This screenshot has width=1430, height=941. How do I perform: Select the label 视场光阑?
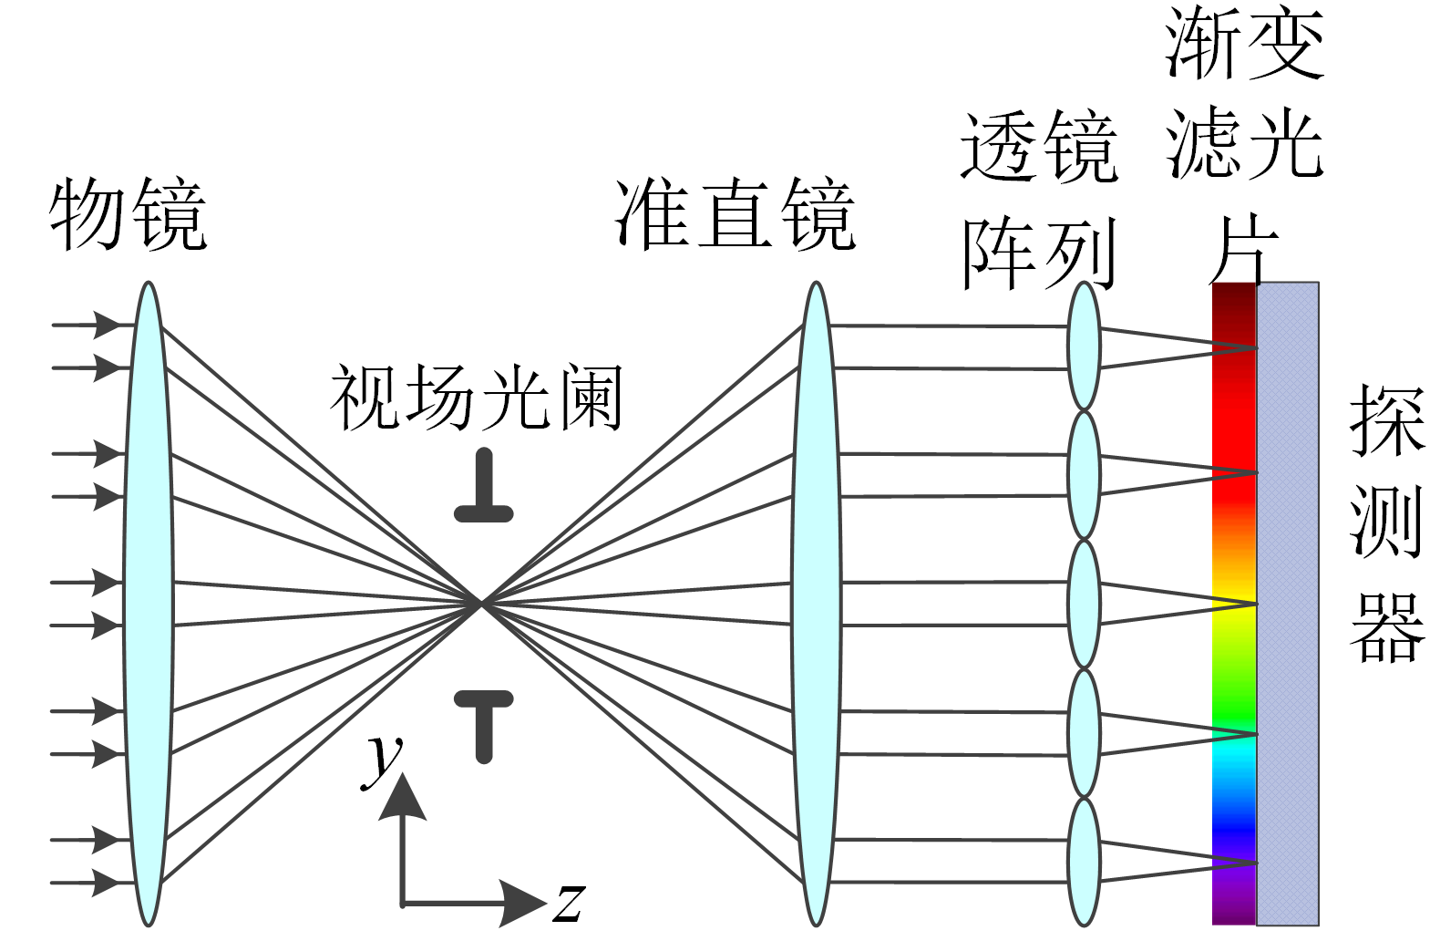coord(476,398)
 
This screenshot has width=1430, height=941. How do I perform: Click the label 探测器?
coord(1385,523)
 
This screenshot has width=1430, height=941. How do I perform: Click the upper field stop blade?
coord(484,489)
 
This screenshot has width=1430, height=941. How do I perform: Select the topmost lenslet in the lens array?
coord(1084,346)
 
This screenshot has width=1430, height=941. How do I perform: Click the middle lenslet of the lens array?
coord(1084,604)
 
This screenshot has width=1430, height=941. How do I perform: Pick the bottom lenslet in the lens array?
coord(1084,861)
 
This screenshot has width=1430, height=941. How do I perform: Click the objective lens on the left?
coord(148,604)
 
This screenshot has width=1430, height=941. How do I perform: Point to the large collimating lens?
coord(816,604)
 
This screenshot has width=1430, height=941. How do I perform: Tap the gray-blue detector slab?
coord(1288,604)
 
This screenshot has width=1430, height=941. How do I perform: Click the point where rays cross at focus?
coord(480,603)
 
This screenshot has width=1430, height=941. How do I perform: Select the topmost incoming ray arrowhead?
coord(108,324)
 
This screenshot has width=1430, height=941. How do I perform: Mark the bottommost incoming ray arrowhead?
coord(108,883)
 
